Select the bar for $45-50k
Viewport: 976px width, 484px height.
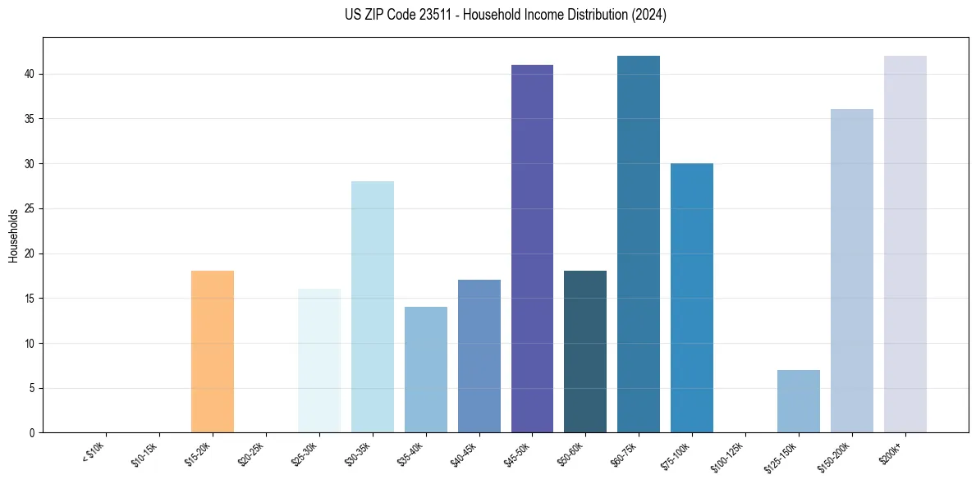point(532,249)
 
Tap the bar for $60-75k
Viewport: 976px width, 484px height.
point(639,244)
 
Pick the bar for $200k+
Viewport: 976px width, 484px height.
point(905,244)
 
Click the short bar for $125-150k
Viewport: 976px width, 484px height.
point(799,401)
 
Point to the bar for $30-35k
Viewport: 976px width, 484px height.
point(373,307)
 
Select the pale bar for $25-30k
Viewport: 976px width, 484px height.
point(319,361)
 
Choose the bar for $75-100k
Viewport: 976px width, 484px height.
point(692,298)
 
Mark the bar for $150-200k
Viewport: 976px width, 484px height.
point(852,271)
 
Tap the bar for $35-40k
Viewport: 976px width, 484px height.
point(426,369)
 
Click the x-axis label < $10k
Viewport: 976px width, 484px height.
point(94,452)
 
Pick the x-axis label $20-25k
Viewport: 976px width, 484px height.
point(250,454)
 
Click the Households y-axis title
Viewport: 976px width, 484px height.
point(13,235)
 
